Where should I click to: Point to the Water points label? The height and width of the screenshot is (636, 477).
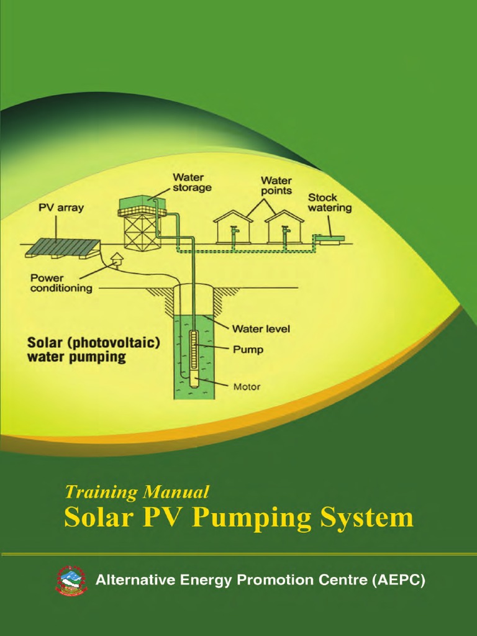click(276, 186)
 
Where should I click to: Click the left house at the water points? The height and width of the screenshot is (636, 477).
click(233, 227)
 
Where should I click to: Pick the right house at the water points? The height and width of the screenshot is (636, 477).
click(284, 227)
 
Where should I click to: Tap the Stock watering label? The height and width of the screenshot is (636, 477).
click(330, 203)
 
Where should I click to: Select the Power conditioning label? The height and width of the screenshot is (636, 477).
click(61, 283)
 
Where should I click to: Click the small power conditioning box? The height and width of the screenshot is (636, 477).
click(116, 260)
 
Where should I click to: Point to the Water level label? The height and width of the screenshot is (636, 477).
click(261, 329)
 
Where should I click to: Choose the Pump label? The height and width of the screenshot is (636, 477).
click(248, 350)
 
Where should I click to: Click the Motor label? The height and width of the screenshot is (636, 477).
click(247, 386)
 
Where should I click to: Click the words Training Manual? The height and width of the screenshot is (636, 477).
click(137, 493)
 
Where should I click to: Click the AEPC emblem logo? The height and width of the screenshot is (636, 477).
click(72, 581)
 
